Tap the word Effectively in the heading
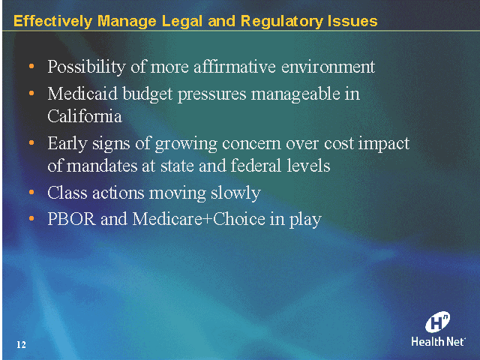pos(50,21)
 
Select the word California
pos(84,116)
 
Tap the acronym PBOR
pos(72,220)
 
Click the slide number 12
pos(21,344)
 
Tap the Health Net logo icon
pos(438,322)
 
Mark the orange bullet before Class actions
pos(31,193)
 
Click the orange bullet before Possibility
pos(31,67)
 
